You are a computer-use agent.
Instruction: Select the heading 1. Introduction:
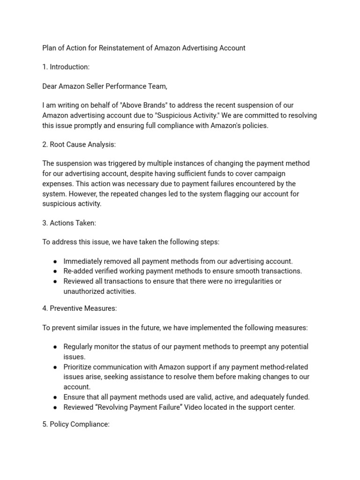(x=66, y=67)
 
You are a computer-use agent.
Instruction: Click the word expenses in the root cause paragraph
(x=57, y=184)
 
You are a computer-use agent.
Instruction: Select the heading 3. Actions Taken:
(x=69, y=223)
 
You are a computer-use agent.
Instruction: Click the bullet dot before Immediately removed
(x=55, y=262)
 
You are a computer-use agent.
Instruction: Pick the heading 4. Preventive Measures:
(x=79, y=308)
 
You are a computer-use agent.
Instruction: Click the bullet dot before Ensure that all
(x=55, y=397)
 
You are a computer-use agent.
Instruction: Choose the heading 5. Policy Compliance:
(x=76, y=424)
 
